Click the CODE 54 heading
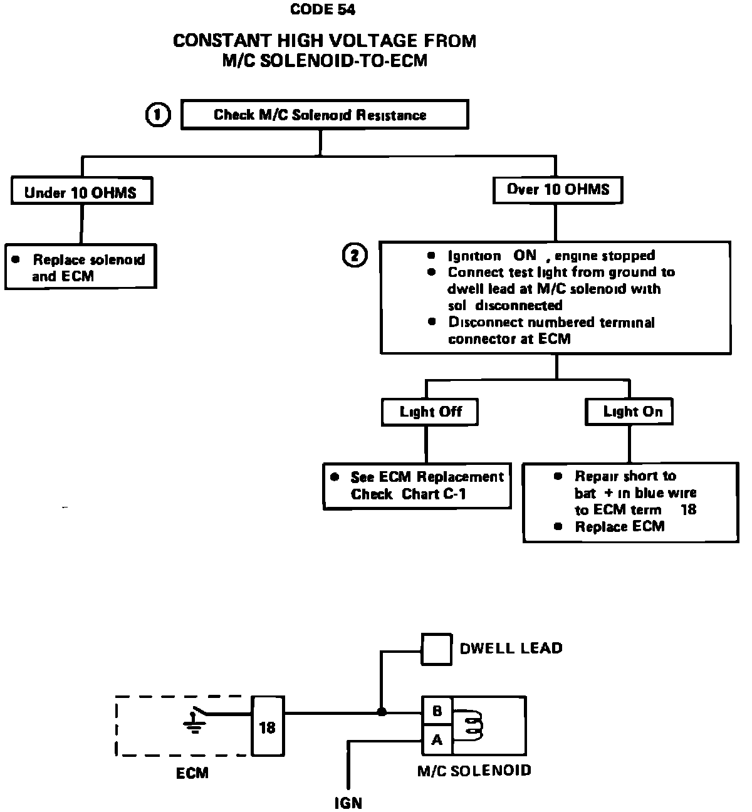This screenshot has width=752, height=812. click(323, 9)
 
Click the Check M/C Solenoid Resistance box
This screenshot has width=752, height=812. click(324, 115)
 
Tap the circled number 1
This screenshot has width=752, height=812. click(158, 115)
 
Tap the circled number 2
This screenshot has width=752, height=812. click(355, 256)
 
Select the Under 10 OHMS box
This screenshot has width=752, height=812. click(81, 192)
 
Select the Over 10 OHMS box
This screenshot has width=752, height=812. click(557, 189)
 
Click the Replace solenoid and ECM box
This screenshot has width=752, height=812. click(81, 268)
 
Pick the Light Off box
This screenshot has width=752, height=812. click(430, 412)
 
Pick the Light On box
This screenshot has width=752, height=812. click(629, 412)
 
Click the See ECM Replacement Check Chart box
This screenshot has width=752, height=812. click(417, 486)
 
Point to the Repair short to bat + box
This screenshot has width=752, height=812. click(630, 502)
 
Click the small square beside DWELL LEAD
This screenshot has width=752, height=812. click(436, 648)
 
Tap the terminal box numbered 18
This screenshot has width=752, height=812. click(268, 727)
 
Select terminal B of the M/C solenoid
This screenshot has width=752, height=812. click(437, 711)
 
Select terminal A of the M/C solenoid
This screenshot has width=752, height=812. click(437, 741)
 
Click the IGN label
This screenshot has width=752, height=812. click(348, 803)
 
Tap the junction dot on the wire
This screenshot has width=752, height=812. click(382, 712)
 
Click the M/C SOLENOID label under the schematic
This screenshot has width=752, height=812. click(474, 770)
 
